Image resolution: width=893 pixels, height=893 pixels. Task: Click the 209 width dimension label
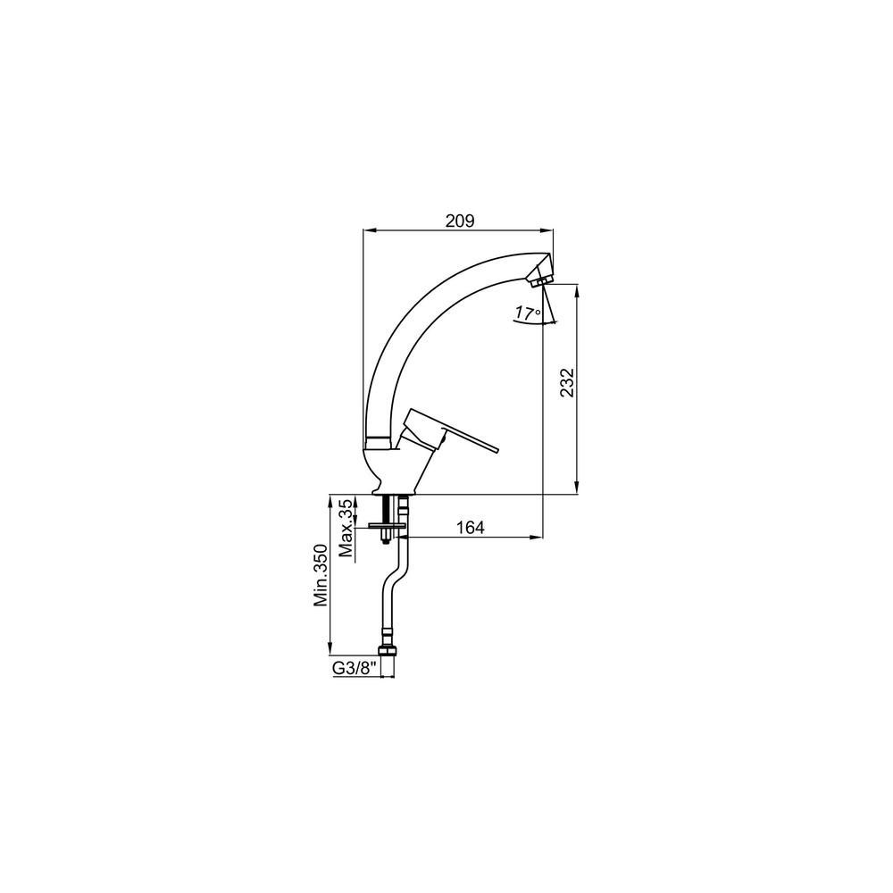click(460, 221)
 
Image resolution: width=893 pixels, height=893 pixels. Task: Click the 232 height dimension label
click(567, 382)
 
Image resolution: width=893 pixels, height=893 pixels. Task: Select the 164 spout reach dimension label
click(471, 528)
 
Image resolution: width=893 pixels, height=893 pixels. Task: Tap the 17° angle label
click(528, 313)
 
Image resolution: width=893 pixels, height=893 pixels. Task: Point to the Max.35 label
click(345, 528)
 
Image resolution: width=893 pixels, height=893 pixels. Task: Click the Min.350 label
click(321, 576)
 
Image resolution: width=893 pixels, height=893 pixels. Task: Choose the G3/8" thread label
click(355, 668)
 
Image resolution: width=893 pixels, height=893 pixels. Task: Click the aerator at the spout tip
click(538, 280)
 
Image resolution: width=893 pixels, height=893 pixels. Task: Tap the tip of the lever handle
click(497, 449)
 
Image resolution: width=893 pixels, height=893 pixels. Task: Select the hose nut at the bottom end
click(387, 650)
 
